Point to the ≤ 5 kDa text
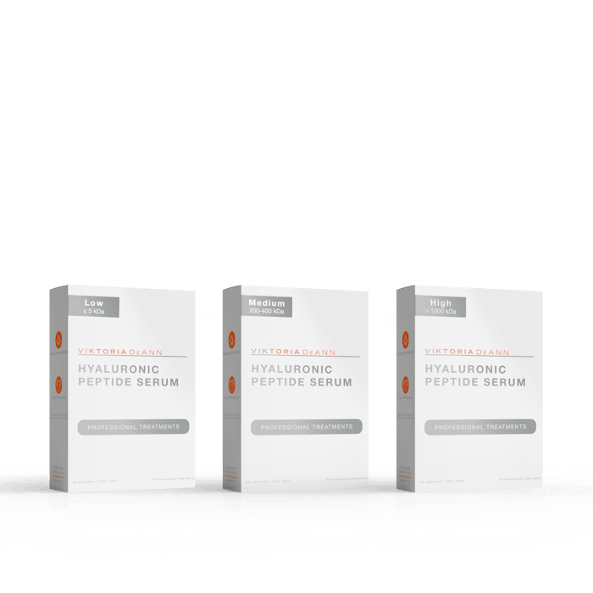point(93,311)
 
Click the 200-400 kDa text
point(267,311)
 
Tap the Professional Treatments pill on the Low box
point(132,426)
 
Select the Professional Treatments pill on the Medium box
point(306,426)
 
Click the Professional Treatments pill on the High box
point(480,427)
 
